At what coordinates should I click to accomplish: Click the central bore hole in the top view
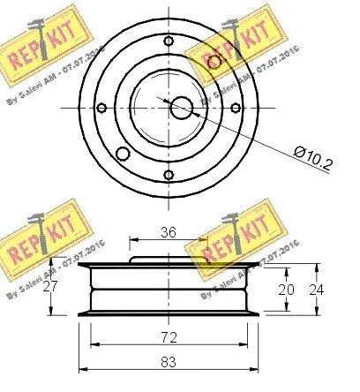pyautogui.click(x=181, y=107)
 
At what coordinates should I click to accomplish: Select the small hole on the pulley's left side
pyautogui.click(x=101, y=109)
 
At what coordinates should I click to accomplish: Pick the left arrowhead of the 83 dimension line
pyautogui.click(x=84, y=366)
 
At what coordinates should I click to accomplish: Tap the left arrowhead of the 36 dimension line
pyautogui.click(x=132, y=240)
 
